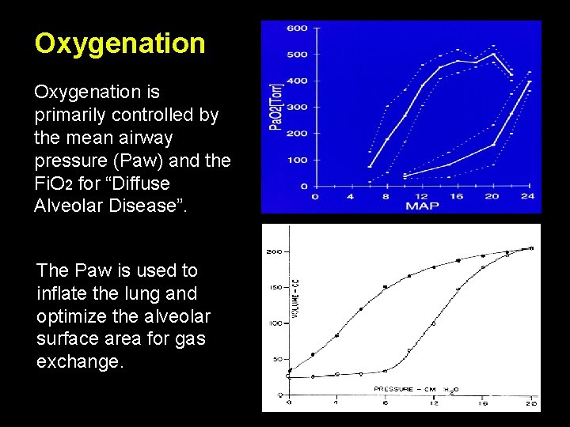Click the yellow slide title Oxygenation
pyautogui.click(x=120, y=43)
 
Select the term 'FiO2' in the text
pyautogui.click(x=53, y=184)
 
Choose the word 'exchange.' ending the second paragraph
pyautogui.click(x=80, y=362)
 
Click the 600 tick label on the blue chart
pyautogui.click(x=297, y=28)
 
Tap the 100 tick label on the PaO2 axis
pyautogui.click(x=297, y=161)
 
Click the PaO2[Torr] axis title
pyautogui.click(x=276, y=106)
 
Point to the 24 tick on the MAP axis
pyautogui.click(x=528, y=196)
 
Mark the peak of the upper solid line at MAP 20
pyautogui.click(x=493, y=54)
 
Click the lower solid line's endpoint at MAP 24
pyautogui.click(x=529, y=81)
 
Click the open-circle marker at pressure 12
pyautogui.click(x=433, y=323)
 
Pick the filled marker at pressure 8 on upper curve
pyautogui.click(x=386, y=287)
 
